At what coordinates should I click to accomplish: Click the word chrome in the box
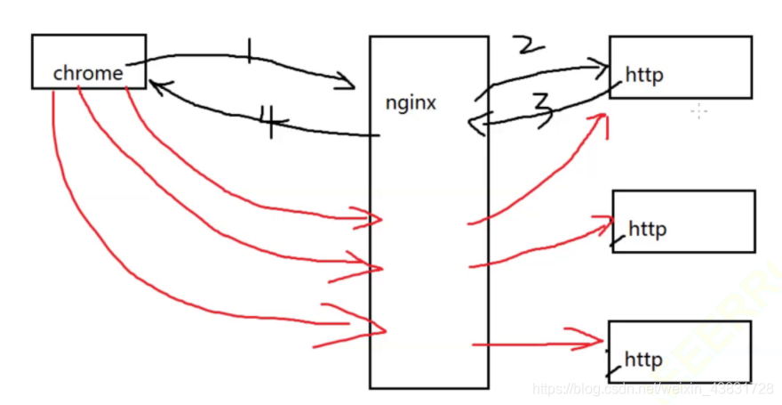click(x=88, y=73)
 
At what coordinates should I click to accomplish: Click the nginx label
click(x=411, y=102)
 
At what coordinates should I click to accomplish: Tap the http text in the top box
click(x=644, y=76)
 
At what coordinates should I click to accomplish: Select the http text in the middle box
click(x=647, y=230)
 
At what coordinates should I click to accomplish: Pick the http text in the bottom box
click(x=643, y=360)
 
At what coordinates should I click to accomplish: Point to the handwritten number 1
click(x=250, y=53)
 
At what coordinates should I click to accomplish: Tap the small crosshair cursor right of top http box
click(x=699, y=110)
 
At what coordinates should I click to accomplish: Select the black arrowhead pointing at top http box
click(x=603, y=65)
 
